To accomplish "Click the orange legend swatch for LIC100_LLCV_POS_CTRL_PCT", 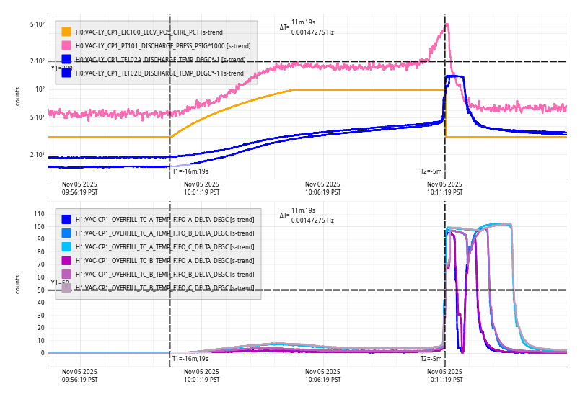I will (66, 32).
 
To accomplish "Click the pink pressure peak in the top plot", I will (447, 25).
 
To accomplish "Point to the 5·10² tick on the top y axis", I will (38, 24).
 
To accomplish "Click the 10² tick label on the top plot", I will (40, 89).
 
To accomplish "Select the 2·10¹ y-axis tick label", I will (38, 155).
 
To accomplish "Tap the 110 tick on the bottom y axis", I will (40, 214).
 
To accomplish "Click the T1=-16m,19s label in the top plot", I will (190, 171).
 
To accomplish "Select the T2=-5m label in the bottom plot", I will (431, 358).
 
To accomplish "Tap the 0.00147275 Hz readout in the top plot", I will (312, 32).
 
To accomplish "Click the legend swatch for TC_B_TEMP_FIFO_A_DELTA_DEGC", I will (66, 260).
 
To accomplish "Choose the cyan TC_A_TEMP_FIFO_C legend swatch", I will (66, 246).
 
